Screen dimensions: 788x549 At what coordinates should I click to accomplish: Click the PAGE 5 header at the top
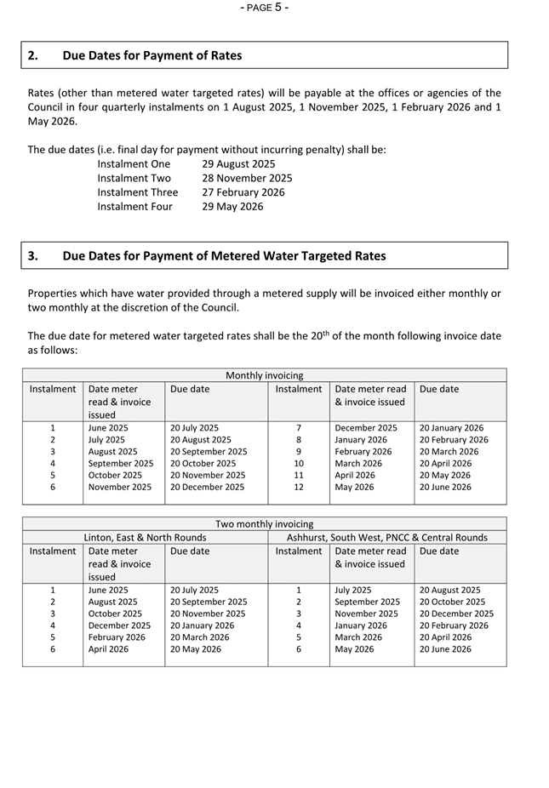pos(265,8)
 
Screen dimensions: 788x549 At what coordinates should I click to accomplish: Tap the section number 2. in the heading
pos(32,56)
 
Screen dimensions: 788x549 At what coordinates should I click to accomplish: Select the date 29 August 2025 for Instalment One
pos(238,164)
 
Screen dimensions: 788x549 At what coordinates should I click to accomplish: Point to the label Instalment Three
pos(138,192)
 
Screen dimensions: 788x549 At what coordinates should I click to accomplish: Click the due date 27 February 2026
pos(243,192)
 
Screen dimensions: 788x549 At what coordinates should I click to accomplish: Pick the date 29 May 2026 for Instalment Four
pos(232,207)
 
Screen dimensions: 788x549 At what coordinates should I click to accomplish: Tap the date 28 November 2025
pos(247,179)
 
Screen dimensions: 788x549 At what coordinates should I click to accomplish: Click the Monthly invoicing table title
pos(264,375)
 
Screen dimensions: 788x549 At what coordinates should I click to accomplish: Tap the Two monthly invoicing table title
pos(264,524)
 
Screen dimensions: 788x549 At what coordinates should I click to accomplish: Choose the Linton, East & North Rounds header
pos(145,538)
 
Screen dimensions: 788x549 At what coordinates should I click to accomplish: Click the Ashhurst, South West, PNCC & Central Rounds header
pos(387,538)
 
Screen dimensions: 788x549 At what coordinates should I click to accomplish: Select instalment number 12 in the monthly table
pos(299,488)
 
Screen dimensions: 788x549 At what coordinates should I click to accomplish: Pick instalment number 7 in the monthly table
pos(299,428)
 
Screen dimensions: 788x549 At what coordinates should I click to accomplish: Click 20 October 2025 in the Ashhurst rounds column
pos(452,602)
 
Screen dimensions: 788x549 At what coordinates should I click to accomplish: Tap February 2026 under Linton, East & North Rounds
pos(117,637)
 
